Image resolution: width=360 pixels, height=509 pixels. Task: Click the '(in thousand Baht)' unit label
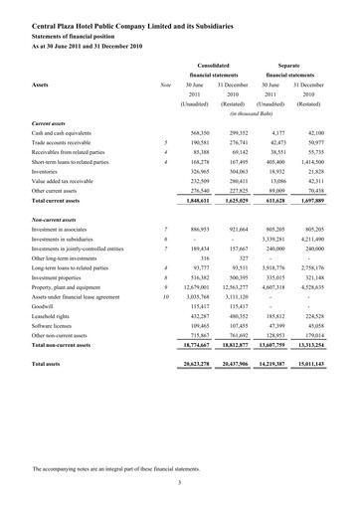(258, 115)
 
